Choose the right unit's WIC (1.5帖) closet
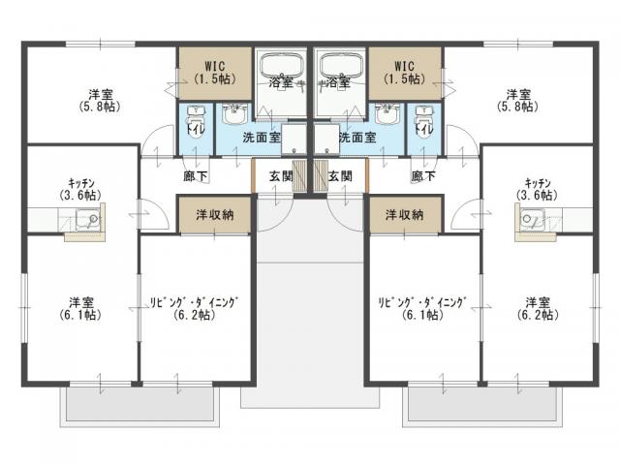[405, 70]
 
